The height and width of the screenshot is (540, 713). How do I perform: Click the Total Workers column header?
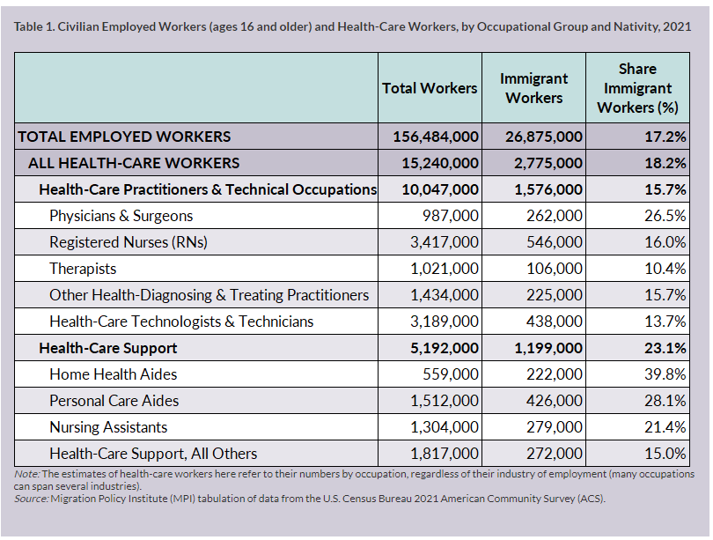click(430, 88)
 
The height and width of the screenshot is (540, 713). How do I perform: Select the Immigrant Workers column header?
click(533, 88)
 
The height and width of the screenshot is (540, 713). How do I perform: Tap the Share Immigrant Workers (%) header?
click(637, 88)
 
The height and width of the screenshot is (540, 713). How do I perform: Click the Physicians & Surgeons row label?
click(121, 216)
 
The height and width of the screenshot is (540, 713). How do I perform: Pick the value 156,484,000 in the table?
click(430, 137)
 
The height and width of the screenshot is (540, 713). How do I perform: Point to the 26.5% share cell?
click(666, 216)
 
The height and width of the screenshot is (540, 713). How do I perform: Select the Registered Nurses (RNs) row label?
click(128, 242)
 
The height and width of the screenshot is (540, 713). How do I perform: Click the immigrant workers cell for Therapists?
click(555, 269)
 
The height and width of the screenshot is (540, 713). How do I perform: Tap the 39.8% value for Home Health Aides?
click(666, 374)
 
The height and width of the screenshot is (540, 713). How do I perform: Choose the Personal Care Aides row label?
click(114, 401)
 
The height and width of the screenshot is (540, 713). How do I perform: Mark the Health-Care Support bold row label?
click(107, 348)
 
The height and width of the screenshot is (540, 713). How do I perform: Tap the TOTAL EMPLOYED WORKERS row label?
click(124, 137)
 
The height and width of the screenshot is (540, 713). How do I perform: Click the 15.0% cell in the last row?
click(666, 454)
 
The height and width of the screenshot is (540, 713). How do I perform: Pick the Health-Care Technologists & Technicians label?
click(181, 322)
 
